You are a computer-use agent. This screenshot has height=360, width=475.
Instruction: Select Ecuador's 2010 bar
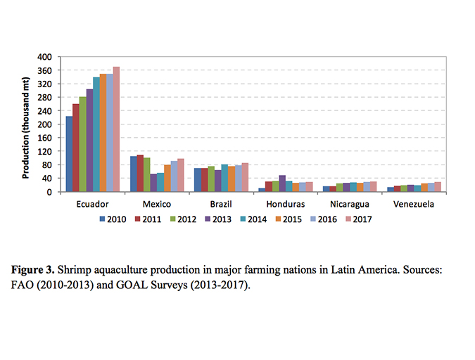pyautogui.click(x=69, y=153)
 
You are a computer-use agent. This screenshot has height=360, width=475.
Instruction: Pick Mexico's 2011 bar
pyautogui.click(x=140, y=173)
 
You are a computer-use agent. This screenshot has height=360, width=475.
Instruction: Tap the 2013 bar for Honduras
pyautogui.click(x=282, y=183)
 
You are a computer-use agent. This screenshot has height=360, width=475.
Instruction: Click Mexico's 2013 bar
pyautogui.click(x=153, y=182)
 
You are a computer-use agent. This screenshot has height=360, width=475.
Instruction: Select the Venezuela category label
pyautogui.click(x=414, y=205)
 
